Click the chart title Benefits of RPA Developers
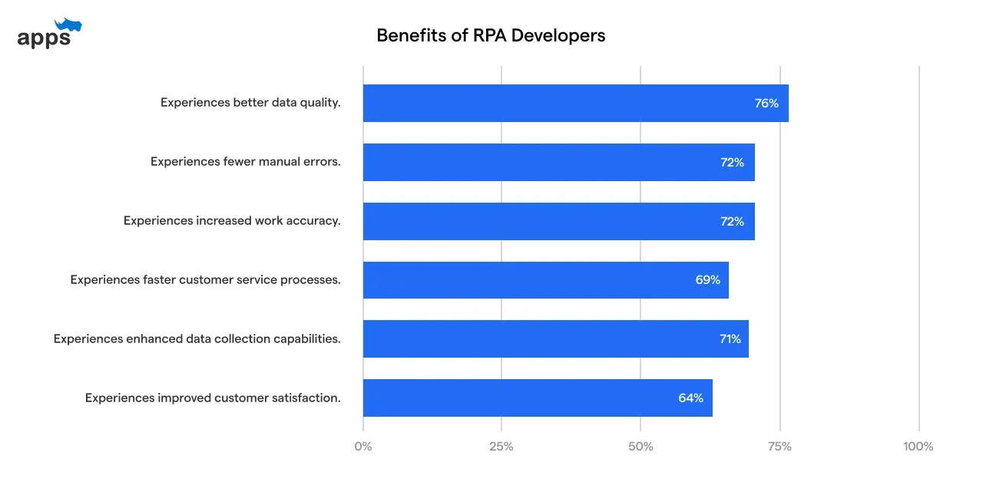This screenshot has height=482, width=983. [491, 35]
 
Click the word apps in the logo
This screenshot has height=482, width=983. [44, 38]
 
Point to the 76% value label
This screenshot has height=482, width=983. [766, 103]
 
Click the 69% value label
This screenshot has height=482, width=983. [707, 280]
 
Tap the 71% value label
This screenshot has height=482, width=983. [730, 338]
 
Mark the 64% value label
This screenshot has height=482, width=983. [690, 398]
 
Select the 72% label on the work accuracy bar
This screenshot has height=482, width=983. [732, 221]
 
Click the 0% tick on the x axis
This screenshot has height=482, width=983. [362, 446]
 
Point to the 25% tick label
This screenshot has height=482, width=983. [501, 446]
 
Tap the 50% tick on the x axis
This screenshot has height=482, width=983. [640, 446]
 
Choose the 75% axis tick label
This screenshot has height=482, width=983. [779, 446]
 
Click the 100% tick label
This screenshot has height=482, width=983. [918, 446]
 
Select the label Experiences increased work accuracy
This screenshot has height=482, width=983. [232, 221]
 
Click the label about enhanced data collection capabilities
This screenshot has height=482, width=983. [197, 338]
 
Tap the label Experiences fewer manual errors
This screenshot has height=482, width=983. [245, 162]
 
